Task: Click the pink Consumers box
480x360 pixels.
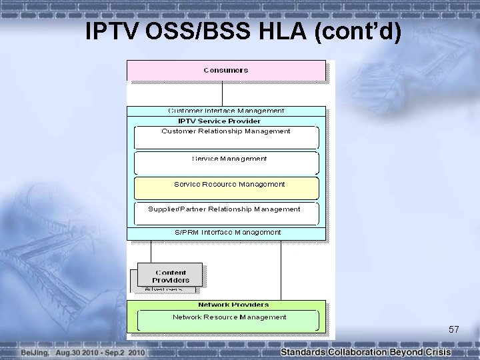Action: [x=226, y=70]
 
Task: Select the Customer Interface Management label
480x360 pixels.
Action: [x=226, y=111]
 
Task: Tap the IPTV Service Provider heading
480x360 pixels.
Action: [x=219, y=121]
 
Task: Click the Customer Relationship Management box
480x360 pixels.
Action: [x=226, y=137]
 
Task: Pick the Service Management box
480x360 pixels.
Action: [x=226, y=162]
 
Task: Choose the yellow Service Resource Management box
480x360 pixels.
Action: [x=226, y=187]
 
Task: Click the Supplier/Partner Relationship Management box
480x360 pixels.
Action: [x=226, y=213]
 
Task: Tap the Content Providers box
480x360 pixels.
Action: [x=171, y=276]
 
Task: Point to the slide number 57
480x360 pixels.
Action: [x=454, y=330]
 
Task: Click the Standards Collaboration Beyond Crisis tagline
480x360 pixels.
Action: [x=365, y=352]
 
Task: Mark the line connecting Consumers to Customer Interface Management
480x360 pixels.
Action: [x=222, y=93]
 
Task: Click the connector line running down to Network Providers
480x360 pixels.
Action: [x=281, y=270]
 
